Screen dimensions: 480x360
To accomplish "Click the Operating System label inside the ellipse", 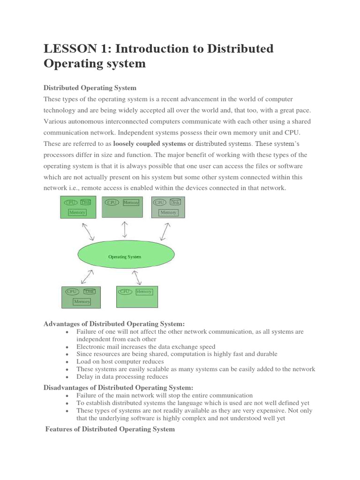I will click(125, 257).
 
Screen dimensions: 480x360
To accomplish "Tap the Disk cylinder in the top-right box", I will click(175, 202).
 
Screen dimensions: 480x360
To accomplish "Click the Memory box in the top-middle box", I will click(131, 202).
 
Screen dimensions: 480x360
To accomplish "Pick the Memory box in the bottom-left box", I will click(82, 301).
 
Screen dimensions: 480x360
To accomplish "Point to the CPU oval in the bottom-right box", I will click(125, 291).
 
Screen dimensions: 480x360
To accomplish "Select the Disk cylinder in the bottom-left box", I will click(90, 291).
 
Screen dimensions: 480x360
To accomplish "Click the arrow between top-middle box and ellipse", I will click(125, 229).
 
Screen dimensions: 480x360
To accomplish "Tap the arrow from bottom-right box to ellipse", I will click(137, 277).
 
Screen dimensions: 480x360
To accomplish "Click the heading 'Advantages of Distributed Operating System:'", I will click(114, 323).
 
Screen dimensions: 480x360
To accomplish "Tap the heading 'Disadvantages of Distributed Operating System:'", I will click(118, 387).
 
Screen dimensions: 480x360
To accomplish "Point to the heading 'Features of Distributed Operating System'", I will click(110, 429).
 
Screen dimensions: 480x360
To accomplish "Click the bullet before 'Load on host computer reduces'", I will click(68, 362).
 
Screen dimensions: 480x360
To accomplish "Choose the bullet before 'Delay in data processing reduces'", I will click(68, 377).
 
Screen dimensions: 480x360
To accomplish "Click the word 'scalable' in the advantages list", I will click(148, 369).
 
